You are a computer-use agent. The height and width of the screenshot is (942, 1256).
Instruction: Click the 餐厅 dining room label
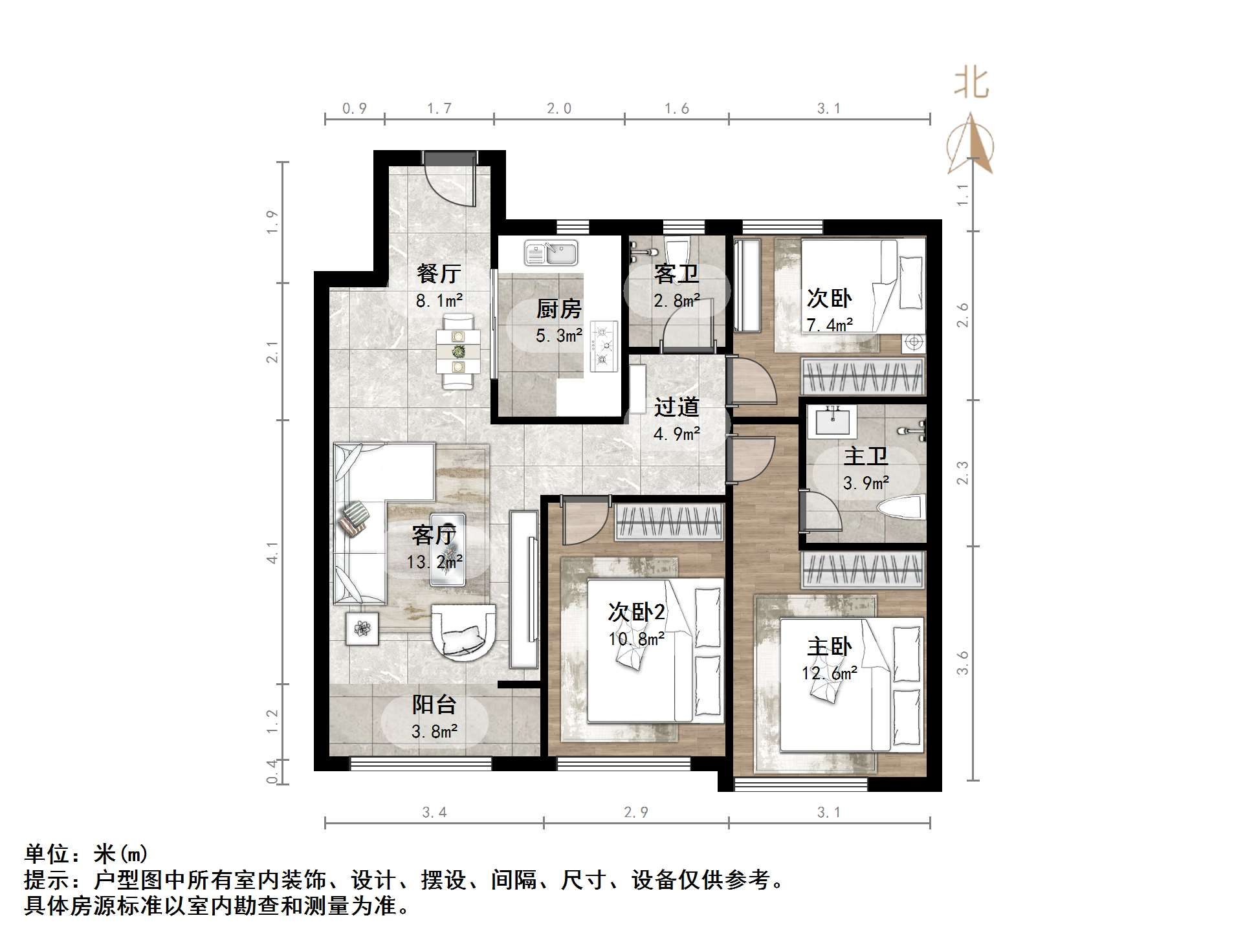coord(439,274)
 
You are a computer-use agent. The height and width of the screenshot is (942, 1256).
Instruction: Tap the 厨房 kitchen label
coord(558,309)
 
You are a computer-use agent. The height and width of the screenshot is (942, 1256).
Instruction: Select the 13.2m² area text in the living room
coord(434,562)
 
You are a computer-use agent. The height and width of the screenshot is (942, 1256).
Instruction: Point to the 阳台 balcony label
coord(434,705)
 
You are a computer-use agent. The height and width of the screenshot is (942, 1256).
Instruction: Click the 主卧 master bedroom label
coord(829,646)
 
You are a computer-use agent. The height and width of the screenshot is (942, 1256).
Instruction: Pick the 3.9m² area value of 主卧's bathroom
coord(866,483)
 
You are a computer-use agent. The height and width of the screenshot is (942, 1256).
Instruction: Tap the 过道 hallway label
coord(676,407)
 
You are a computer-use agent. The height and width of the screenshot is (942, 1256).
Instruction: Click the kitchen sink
coord(551,252)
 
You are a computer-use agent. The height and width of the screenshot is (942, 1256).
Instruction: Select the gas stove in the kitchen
coord(603,347)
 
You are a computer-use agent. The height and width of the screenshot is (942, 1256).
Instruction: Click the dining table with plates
coord(458,352)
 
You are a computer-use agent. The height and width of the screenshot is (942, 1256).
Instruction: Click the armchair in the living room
coord(463,631)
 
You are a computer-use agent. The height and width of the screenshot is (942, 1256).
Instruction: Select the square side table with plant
coord(362,628)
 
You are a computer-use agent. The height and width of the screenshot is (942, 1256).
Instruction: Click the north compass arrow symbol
coord(970,146)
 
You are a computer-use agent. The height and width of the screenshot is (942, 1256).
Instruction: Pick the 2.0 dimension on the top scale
coord(558,109)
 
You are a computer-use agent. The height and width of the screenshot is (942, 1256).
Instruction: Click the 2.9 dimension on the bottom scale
coord(635,813)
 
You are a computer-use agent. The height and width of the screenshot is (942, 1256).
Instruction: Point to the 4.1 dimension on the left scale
coord(272,553)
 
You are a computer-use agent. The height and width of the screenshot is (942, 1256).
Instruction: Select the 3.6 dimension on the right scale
coord(963,663)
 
